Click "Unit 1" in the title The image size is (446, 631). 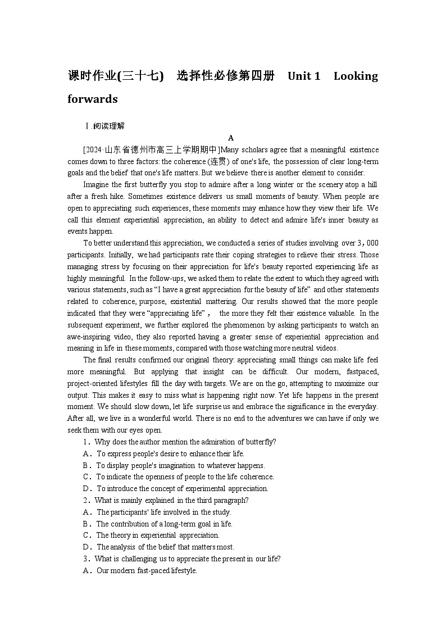click(303, 76)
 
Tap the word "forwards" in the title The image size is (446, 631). click(93, 99)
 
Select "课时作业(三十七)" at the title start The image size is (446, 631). click(115, 76)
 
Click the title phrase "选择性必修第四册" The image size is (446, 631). click(225, 76)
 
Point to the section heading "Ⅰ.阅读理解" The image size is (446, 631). click(104, 126)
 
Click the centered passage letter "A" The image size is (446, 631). click(231, 138)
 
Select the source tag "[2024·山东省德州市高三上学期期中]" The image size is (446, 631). click(151, 149)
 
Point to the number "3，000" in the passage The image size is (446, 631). click(368, 243)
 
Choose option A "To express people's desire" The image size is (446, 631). click(164, 453)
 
